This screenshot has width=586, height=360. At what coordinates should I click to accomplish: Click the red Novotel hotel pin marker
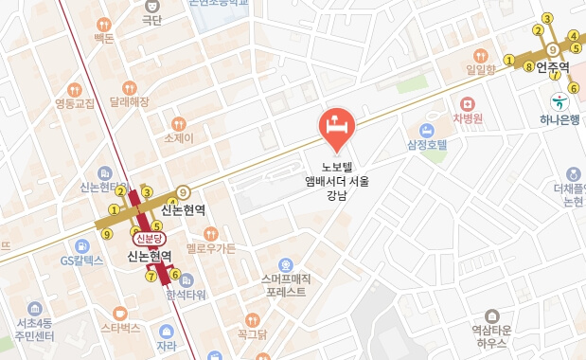click(x=335, y=127)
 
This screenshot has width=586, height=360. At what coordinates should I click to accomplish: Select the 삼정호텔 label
click(x=427, y=145)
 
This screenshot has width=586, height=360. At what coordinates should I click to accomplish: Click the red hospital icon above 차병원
click(x=467, y=103)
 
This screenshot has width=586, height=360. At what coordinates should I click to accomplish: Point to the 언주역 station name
click(x=552, y=67)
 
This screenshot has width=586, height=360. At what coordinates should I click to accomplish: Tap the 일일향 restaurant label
click(x=481, y=69)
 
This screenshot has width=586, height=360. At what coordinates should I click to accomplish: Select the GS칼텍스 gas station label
click(x=81, y=260)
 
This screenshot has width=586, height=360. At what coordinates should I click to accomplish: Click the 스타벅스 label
click(x=120, y=328)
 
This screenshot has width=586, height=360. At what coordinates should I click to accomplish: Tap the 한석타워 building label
click(x=186, y=295)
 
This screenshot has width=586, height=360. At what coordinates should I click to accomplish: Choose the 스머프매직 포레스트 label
click(x=286, y=285)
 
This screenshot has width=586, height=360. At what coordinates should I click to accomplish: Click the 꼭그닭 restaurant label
click(x=252, y=333)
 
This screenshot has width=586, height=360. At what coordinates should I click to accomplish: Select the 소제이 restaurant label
click(x=179, y=138)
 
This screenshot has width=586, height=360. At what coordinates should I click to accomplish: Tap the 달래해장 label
click(x=130, y=100)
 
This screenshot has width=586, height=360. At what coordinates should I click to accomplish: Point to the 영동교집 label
click(x=75, y=103)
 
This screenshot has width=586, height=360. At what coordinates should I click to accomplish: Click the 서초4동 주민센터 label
click(x=35, y=329)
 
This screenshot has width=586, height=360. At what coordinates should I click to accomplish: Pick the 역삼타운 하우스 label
click(x=490, y=336)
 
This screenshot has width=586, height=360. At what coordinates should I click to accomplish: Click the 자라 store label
click(x=167, y=347)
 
